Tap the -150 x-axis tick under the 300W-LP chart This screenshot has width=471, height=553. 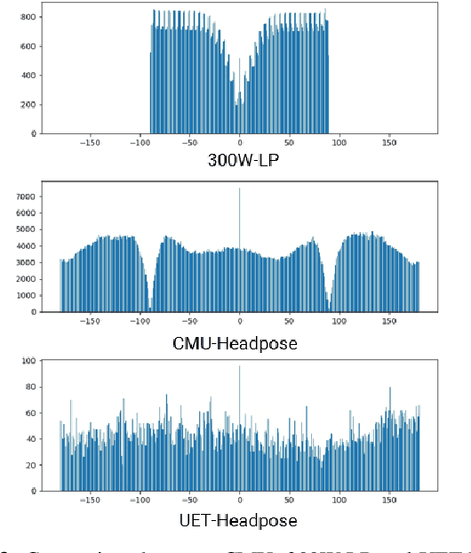pyautogui.click(x=90, y=141)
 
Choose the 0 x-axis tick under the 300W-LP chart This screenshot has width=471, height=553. pyautogui.click(x=239, y=141)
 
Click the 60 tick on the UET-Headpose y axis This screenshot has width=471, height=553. pyautogui.click(x=31, y=413)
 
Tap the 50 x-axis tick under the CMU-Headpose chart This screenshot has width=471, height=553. pyautogui.click(x=290, y=320)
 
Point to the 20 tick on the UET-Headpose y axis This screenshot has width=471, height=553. pyautogui.click(x=31, y=465)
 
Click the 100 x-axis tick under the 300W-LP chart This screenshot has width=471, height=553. pyautogui.click(x=339, y=141)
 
